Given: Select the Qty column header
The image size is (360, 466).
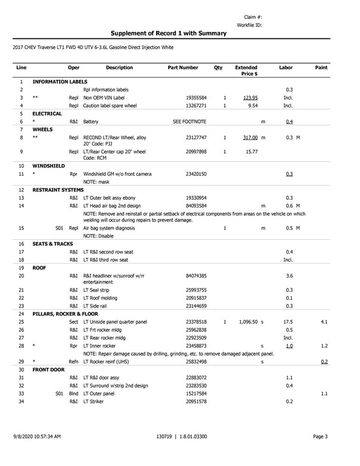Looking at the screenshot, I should pyautogui.click(x=218, y=68).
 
